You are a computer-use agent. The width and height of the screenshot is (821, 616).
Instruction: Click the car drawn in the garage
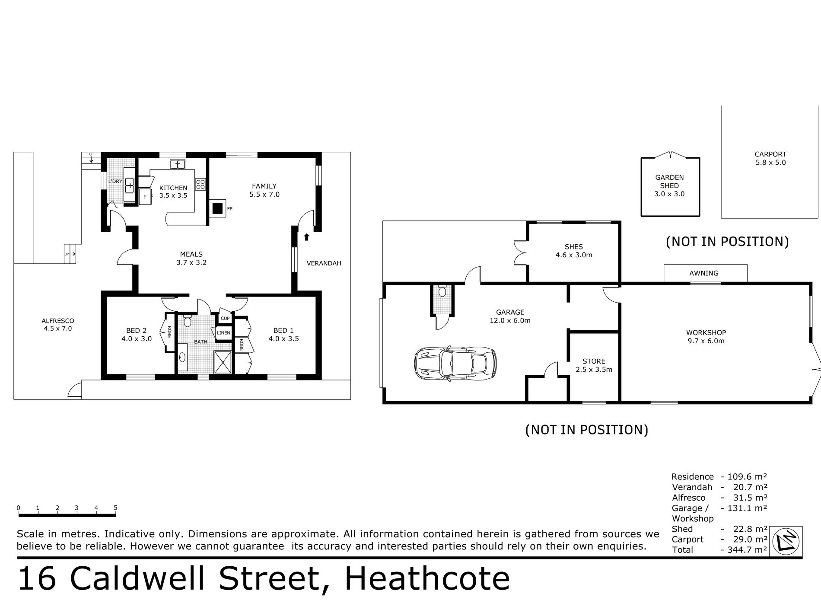(455, 363)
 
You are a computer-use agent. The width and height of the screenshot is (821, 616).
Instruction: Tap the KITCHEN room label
(173, 188)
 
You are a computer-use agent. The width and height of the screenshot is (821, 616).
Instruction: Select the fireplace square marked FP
(217, 209)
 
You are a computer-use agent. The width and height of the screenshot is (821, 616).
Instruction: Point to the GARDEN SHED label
(669, 182)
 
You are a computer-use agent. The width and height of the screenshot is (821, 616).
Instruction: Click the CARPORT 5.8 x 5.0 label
(770, 158)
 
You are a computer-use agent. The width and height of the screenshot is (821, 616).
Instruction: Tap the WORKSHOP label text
(706, 333)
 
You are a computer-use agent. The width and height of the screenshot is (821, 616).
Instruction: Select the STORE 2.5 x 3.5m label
(594, 365)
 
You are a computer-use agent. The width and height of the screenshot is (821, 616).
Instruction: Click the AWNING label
(704, 273)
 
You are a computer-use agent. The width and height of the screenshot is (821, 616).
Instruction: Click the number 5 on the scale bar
(116, 508)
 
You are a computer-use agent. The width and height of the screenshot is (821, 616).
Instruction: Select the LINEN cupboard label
(224, 333)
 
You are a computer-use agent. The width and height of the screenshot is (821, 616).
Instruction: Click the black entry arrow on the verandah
(306, 236)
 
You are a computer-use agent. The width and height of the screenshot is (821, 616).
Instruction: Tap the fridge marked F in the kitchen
(145, 197)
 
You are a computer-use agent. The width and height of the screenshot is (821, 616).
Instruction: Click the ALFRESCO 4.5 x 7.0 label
(58, 325)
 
